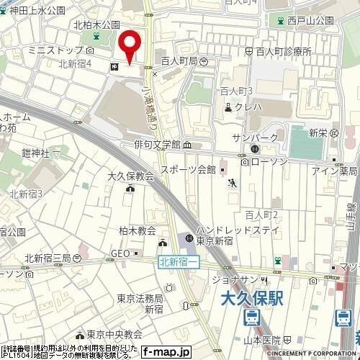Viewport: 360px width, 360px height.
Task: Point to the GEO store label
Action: pos(120,253)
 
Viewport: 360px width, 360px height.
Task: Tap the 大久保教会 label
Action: pos(130,176)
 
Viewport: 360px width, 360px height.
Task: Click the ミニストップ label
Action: pos(52,51)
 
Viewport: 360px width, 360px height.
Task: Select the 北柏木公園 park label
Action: pos(96,24)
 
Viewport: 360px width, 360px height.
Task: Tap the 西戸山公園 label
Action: pos(310,22)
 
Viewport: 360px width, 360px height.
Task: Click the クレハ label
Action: pos(250,108)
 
